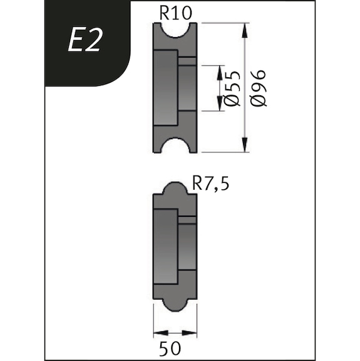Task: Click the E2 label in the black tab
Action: click(x=84, y=41)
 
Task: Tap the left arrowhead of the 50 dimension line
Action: click(x=157, y=333)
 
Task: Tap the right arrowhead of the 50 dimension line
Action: click(x=193, y=333)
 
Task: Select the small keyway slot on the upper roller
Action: click(x=187, y=61)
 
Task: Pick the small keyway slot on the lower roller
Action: click(x=187, y=220)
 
